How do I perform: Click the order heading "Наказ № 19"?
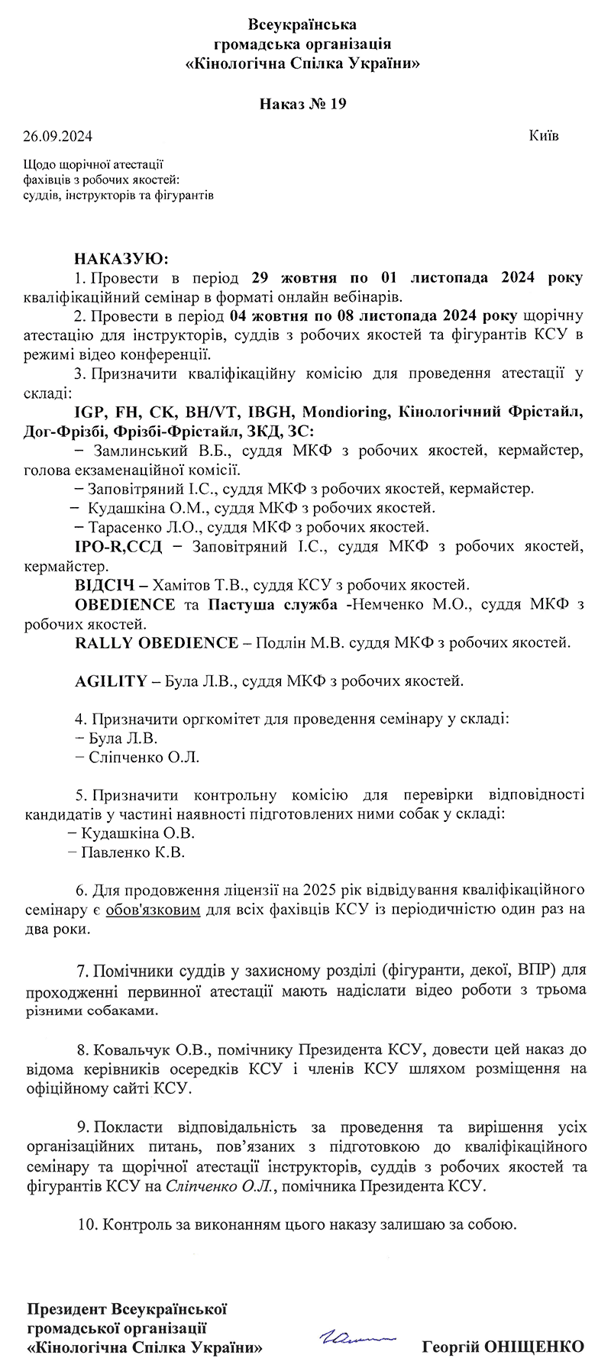click(303, 104)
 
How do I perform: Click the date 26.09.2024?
click(57, 137)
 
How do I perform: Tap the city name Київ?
click(543, 136)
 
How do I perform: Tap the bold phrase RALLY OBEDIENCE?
click(157, 643)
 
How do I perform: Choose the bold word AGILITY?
click(111, 681)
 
